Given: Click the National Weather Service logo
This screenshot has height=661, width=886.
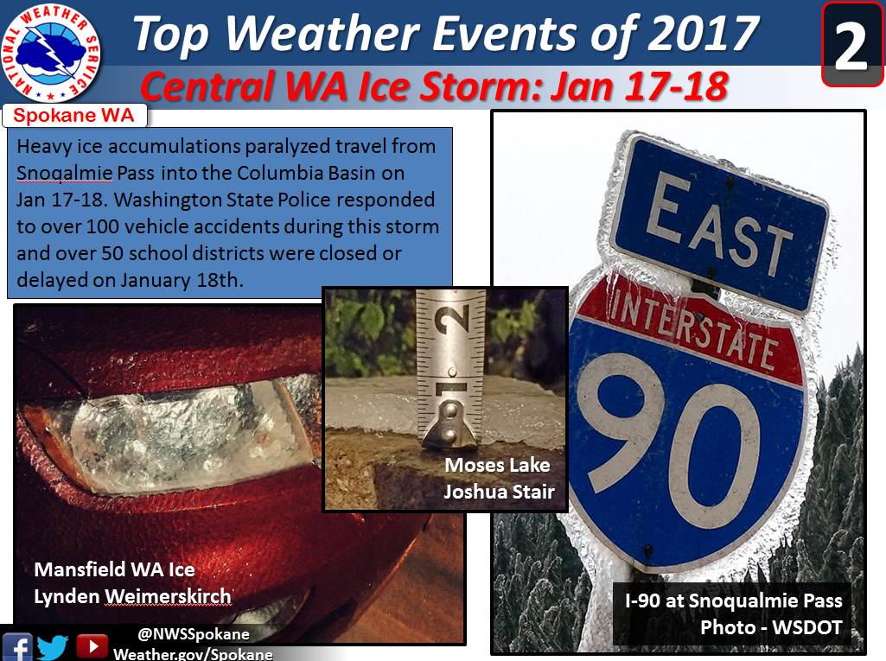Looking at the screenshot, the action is point(51,54).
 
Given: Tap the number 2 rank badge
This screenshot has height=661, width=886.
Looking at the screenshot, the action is point(851,45).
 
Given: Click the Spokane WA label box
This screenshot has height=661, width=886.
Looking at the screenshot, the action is point(74,115).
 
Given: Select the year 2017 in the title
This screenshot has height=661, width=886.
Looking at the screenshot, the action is point(703,34).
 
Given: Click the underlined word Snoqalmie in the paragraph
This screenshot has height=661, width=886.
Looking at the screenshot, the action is point(65,174).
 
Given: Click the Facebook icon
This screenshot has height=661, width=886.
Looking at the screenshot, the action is point(17,647).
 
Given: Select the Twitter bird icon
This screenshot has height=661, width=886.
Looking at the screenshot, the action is point(53,647).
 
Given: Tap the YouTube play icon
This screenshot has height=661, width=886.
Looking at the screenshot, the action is point(92,646).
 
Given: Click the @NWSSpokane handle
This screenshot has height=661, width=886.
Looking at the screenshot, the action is point(194,634).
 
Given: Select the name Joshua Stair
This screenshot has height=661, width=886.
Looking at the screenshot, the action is point(499,492).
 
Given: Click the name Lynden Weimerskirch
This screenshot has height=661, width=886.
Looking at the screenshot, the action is point(132,596).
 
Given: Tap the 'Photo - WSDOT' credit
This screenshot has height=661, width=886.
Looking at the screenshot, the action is point(771,627).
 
